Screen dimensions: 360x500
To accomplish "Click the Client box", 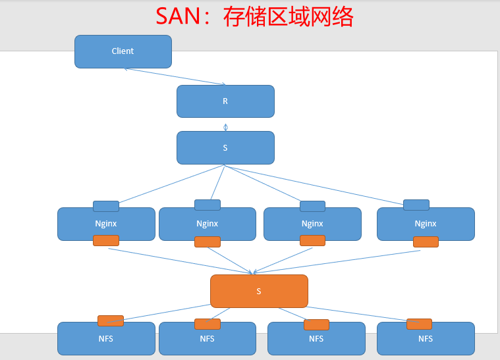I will click(123, 51).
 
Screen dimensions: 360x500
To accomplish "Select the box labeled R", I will click(225, 101).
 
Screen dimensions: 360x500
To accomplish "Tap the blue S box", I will click(225, 148).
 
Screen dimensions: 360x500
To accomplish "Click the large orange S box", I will click(259, 291).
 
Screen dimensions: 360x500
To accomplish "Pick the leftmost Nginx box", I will click(105, 224).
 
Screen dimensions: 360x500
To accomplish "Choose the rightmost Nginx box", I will click(426, 224).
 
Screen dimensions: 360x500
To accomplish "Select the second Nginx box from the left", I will click(207, 224).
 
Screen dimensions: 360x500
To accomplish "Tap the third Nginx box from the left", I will click(312, 224).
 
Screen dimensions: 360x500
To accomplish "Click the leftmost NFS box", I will click(105, 340).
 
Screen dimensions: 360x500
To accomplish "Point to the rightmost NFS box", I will click(426, 340).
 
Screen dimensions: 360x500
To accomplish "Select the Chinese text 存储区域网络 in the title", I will click(288, 17).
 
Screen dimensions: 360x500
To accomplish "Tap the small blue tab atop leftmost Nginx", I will click(105, 206).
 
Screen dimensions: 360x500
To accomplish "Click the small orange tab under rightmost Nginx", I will click(426, 242).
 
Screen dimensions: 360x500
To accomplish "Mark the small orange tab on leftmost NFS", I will click(110, 321).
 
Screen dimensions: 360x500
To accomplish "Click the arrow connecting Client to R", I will click(175, 76).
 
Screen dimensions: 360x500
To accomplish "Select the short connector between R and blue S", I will click(225, 127).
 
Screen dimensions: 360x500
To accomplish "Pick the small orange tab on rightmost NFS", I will click(419, 324).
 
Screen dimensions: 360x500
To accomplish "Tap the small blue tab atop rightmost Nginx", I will click(416, 205).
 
